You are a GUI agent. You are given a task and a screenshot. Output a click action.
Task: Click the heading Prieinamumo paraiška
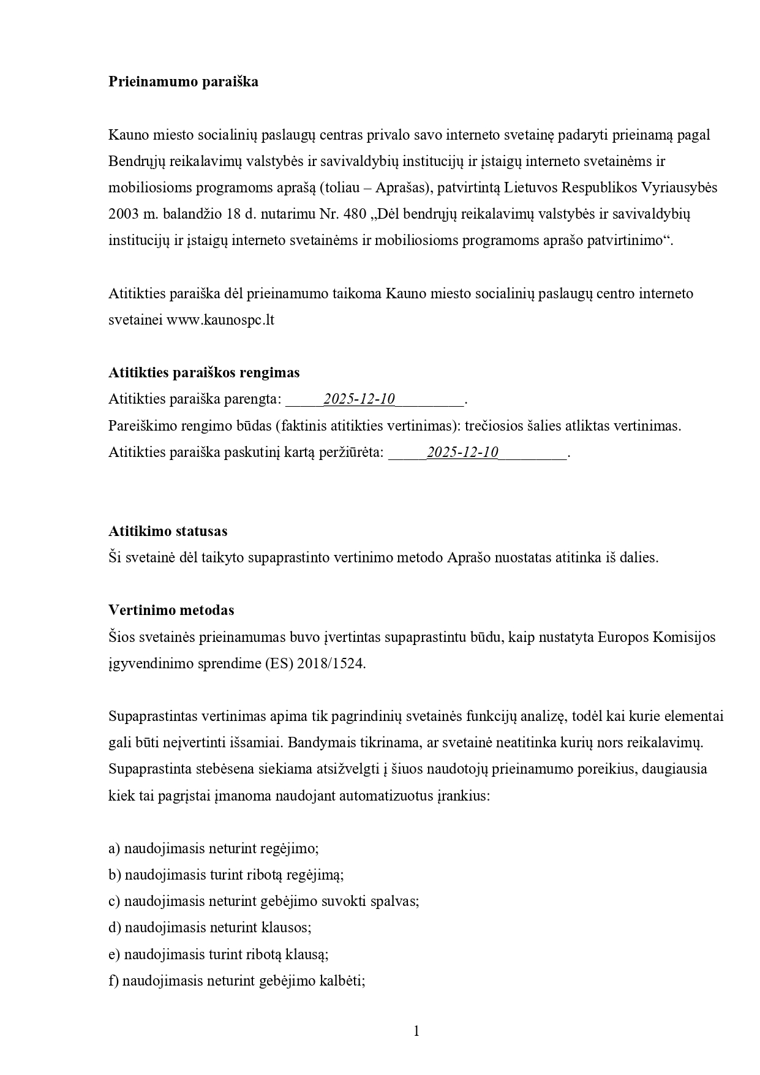[x=183, y=81]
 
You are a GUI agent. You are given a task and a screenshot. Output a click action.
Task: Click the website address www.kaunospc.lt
[x=220, y=320]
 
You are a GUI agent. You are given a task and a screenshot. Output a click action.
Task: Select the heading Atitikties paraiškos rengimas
[x=204, y=372]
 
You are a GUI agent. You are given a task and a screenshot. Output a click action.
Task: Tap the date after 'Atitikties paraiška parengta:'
[x=359, y=399]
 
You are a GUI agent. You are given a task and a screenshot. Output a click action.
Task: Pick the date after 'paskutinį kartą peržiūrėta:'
[x=462, y=453]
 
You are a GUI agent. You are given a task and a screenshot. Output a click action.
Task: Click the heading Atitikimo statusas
[x=168, y=531]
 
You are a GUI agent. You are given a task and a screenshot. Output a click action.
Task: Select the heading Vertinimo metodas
[x=171, y=610]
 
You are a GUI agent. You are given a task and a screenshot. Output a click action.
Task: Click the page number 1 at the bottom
[x=416, y=1031]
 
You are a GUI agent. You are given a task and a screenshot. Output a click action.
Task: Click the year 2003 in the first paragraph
[x=124, y=214]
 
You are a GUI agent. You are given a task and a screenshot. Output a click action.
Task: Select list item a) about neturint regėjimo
[x=214, y=848]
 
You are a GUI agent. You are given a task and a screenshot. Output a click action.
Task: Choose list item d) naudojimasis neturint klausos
[x=210, y=927]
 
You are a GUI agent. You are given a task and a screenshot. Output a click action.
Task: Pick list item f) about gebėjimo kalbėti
[x=237, y=981]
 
